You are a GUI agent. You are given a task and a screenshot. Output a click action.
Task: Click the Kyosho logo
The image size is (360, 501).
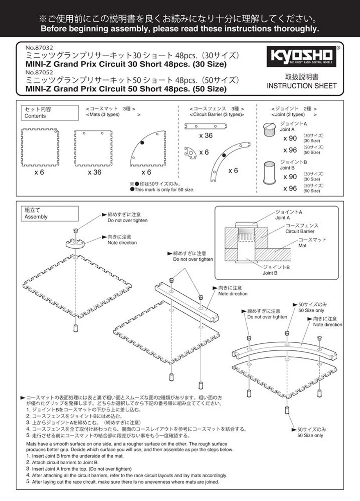tap(301, 56)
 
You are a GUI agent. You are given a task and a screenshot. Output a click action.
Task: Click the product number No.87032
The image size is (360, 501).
tap(39, 48)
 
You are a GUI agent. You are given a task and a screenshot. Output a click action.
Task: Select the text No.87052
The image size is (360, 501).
tap(39, 72)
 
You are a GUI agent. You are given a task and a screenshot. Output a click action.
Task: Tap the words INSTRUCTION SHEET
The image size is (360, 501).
tap(301, 86)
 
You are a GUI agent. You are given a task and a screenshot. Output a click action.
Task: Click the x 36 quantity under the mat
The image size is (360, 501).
tap(95, 172)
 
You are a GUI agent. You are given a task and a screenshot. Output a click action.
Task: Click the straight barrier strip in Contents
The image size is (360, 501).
tap(206, 126)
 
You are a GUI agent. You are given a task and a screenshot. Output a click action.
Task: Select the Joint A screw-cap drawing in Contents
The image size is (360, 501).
tap(270, 130)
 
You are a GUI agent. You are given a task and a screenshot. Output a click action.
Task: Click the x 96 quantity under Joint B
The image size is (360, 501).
tap(290, 189)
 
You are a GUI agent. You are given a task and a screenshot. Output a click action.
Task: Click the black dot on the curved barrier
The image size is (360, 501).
tap(224, 155)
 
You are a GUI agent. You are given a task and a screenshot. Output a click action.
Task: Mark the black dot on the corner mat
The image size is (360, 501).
tap(142, 143)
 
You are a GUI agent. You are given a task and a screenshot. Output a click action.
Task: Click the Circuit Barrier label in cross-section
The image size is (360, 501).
tap(300, 231)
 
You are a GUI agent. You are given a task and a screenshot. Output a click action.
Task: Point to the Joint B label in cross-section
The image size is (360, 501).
tap(270, 273)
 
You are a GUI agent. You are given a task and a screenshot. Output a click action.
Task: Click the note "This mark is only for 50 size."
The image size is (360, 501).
tap(162, 190)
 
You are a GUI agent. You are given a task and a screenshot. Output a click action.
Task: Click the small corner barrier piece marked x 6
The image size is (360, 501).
tap(190, 153)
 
